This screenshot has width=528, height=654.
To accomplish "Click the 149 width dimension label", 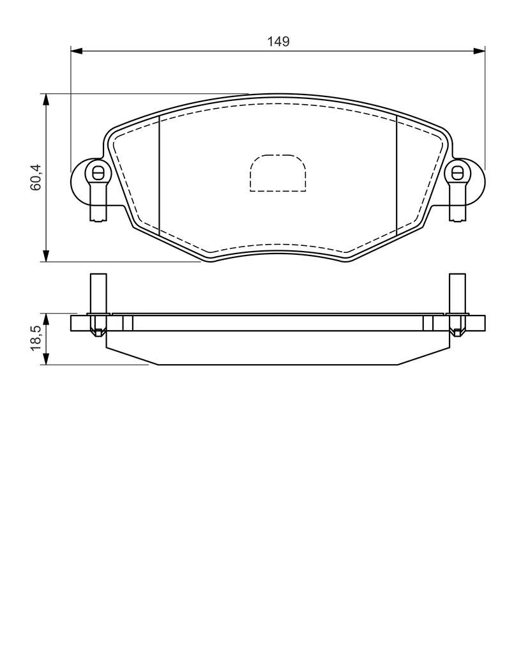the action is click(x=278, y=42).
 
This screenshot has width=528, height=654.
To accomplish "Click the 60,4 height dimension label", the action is click(x=36, y=178).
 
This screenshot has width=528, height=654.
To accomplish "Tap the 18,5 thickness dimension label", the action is click(x=36, y=338).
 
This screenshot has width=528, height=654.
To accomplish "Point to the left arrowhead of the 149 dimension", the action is click(x=77, y=51).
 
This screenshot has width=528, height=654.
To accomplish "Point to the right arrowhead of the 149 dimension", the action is click(x=479, y=51).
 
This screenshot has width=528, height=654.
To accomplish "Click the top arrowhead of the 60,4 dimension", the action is click(x=46, y=99).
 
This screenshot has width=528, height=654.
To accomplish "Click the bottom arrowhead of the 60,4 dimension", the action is click(x=46, y=256).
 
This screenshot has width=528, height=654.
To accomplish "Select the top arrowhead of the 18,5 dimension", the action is click(x=46, y=319).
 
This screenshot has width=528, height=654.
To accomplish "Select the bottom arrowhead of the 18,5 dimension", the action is click(x=46, y=359).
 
